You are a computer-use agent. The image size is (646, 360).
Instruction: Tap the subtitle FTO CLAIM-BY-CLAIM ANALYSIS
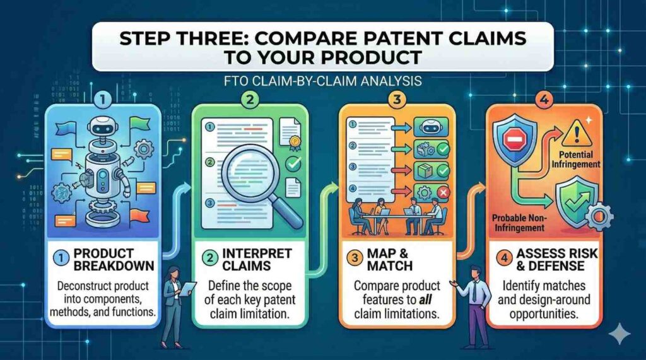coord(323,81)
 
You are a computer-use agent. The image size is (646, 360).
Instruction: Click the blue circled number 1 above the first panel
coord(102,99)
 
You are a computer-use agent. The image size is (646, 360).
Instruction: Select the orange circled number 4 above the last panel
coord(543,100)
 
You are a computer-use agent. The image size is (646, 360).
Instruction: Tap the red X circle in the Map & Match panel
coord(443,192)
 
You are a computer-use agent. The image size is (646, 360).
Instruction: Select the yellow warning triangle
coord(577,132)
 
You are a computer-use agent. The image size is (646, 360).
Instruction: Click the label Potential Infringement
coord(576,160)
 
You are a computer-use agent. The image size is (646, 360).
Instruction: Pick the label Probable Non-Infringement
coord(519,223)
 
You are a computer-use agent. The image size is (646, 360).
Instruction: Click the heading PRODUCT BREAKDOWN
coord(114,260)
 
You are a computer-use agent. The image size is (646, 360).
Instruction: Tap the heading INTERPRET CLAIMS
coord(257,260)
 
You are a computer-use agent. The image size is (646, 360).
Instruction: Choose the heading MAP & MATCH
coord(390,260)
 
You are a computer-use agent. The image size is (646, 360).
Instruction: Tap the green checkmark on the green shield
coord(574,202)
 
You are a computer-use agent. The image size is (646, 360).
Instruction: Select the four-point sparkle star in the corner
coord(620,334)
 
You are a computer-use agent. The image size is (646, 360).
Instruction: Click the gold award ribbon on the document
coord(295,142)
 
